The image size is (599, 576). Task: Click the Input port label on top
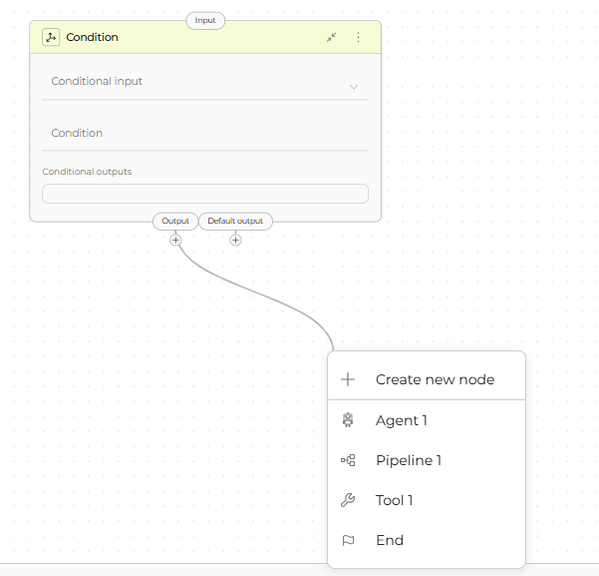[x=205, y=20]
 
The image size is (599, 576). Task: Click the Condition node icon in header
[x=51, y=37]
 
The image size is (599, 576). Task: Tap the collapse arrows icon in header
[x=331, y=37]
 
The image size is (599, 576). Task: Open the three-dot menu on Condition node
[x=358, y=37]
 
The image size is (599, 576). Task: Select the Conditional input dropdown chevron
[x=354, y=87]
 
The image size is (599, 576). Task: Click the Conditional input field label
[x=97, y=81]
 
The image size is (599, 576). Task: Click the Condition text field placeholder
[x=77, y=133]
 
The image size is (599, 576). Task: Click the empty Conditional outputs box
[x=205, y=194]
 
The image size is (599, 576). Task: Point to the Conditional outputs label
[x=87, y=172]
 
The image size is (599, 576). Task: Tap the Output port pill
[x=175, y=222]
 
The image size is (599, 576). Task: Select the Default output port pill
[x=235, y=222]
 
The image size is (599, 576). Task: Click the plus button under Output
[x=175, y=241]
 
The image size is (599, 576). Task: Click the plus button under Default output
[x=235, y=241]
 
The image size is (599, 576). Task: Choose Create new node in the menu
[x=436, y=379]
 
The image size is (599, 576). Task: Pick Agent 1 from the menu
[x=402, y=420]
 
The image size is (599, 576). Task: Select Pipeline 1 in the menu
[x=409, y=460]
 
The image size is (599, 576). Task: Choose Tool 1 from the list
[x=395, y=500]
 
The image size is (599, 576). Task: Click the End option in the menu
[x=390, y=540]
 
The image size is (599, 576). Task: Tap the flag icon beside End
[x=348, y=540]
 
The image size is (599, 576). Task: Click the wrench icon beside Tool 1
[x=348, y=500]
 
